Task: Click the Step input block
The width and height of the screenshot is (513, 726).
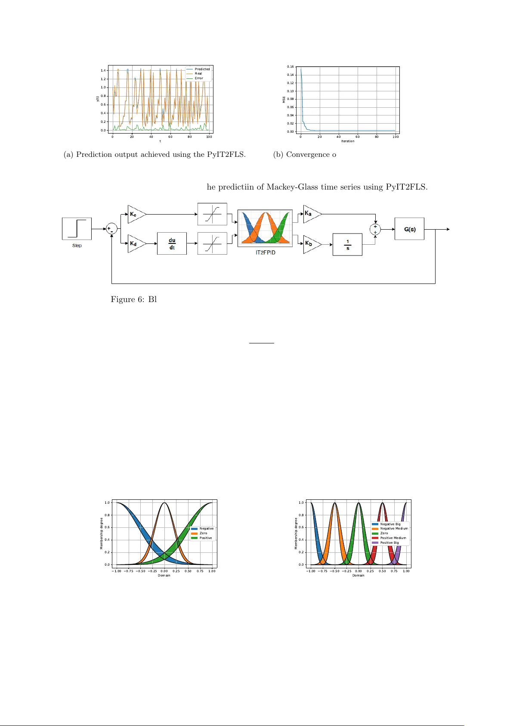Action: tap(77, 229)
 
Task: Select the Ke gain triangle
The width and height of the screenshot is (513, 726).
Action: tap(136, 214)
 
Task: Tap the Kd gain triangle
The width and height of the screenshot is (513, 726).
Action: tap(136, 243)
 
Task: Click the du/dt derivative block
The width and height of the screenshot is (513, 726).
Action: tap(172, 243)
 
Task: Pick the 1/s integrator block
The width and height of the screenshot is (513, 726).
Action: tap(347, 244)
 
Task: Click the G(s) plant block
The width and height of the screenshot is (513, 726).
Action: tap(409, 229)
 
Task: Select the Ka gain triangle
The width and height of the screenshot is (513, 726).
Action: tap(311, 214)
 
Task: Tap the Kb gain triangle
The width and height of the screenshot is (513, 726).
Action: tap(311, 243)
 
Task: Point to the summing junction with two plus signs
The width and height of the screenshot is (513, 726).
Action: tap(375, 229)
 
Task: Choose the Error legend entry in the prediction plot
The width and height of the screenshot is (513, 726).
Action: tap(198, 78)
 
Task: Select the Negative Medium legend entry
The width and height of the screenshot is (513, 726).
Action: tap(394, 528)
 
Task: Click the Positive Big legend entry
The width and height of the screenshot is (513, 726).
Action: tap(389, 542)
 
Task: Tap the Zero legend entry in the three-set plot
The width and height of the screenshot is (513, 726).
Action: tap(203, 533)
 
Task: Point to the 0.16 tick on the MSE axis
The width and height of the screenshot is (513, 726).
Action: tap(290, 67)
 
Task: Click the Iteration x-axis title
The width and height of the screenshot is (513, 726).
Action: tap(348, 141)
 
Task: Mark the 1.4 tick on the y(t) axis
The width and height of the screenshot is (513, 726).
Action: tap(103, 70)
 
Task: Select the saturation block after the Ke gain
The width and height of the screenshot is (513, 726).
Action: tap(212, 214)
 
